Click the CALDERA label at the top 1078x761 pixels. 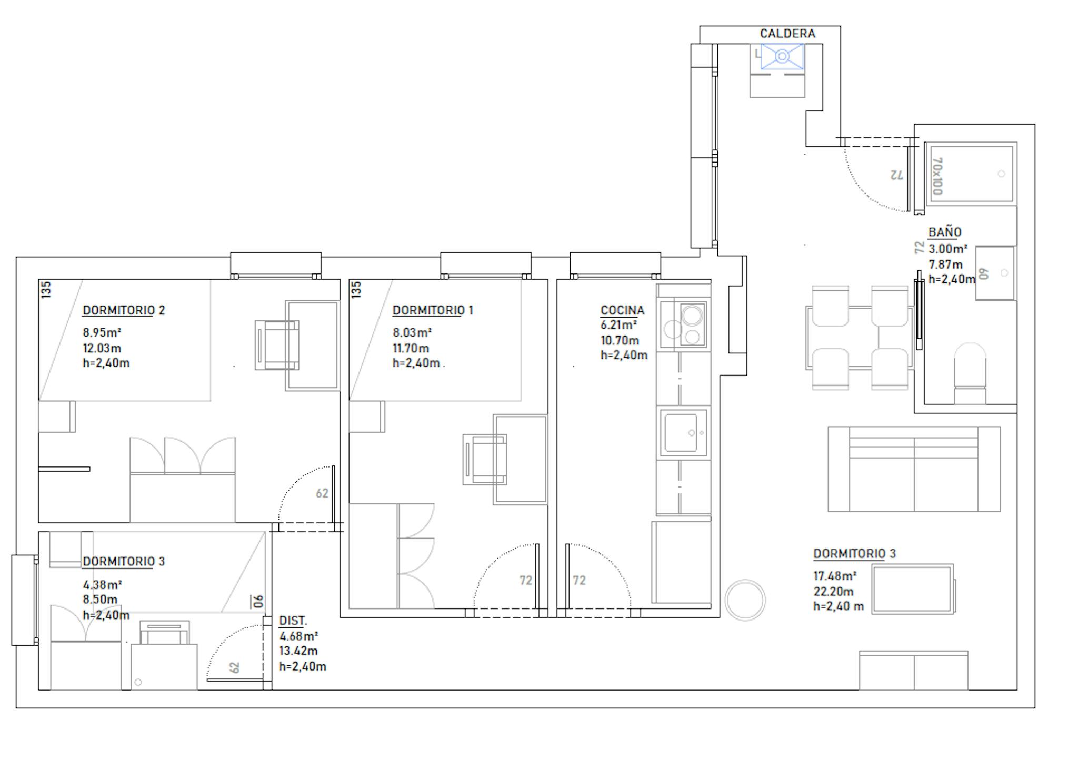pos(787,34)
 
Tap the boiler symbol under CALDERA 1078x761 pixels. pos(782,56)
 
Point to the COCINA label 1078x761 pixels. pos(622,310)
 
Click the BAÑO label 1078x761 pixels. pos(945,232)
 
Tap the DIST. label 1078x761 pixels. pos(293,621)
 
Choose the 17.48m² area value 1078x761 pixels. pos(835,576)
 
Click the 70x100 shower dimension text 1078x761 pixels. pos(937,176)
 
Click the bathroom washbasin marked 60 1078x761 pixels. pos(995,273)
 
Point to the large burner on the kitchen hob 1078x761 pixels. pos(692,316)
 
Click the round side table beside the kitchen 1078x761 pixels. pos(745,600)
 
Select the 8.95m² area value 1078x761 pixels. pos(102,332)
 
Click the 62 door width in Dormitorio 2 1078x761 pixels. pos(322,493)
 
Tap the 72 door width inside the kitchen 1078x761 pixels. pos(579,580)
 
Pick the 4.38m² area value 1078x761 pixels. pos(102,584)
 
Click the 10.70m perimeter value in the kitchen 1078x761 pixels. pos(620,340)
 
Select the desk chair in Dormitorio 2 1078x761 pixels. pos(277,345)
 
